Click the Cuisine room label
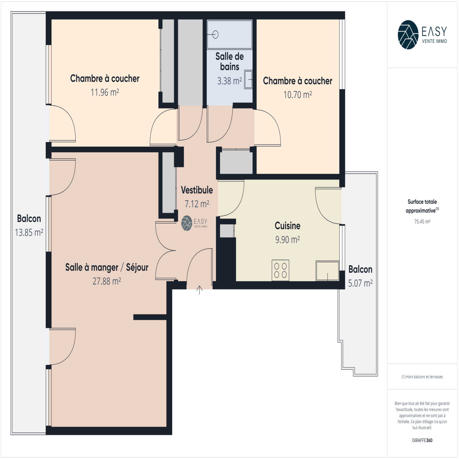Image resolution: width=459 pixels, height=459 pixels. pos(287,226)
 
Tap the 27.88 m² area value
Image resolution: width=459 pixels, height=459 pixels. pos(107,281)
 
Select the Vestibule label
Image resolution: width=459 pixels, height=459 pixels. pos(197,190)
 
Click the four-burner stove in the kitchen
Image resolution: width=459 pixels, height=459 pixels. pos(281,270)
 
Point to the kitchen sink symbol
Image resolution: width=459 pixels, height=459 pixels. pos(328,271)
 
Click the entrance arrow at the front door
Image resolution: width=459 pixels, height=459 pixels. pos(200,290)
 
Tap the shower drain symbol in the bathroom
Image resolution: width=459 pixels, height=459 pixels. pos(215,35)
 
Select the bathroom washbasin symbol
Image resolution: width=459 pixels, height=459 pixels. pos(248,79)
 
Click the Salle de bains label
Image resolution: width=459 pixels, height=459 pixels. pos(229,61)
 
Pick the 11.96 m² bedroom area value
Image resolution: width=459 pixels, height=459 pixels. pos(105,92)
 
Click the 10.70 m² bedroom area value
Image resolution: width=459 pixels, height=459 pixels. pos(297,95)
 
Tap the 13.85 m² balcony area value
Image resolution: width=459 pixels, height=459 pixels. pos(29,232)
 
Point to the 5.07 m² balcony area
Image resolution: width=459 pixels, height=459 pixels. pos(360,283)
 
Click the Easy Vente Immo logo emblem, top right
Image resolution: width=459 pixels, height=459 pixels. pos(408,35)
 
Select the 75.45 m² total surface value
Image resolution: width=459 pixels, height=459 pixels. pos(422,221)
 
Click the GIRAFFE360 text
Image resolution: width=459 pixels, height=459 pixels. pos(422,440)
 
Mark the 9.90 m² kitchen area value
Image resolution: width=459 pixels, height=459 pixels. pos(287,240)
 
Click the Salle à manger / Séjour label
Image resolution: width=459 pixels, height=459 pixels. pos(107,267)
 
